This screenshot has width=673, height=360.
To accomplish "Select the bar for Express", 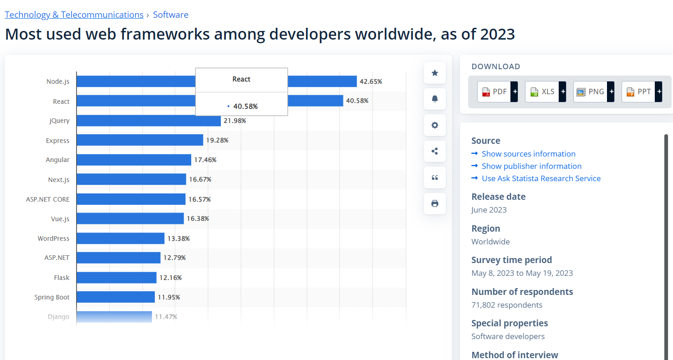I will pyautogui.click(x=139, y=140).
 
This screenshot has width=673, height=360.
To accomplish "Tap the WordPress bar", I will pyautogui.click(x=120, y=238).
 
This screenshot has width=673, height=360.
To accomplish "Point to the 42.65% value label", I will pyautogui.click(x=371, y=81).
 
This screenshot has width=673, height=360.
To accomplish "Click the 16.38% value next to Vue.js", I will pyautogui.click(x=198, y=218).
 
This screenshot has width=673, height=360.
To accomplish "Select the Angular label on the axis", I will pyautogui.click(x=57, y=160).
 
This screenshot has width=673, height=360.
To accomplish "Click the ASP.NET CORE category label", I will pyautogui.click(x=48, y=199).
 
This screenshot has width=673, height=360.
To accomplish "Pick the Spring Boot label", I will pyautogui.click(x=52, y=297).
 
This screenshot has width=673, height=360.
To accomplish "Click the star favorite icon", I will pyautogui.click(x=434, y=73).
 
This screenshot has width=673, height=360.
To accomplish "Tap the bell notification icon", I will pyautogui.click(x=434, y=99).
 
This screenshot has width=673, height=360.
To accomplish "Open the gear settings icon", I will pyautogui.click(x=434, y=125).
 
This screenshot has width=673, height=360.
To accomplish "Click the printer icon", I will pyautogui.click(x=434, y=203).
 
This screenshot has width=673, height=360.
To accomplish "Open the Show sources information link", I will pyautogui.click(x=528, y=154).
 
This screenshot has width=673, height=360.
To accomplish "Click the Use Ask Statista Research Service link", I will pyautogui.click(x=541, y=178).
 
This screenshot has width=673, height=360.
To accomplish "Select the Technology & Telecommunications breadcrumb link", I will pyautogui.click(x=74, y=15).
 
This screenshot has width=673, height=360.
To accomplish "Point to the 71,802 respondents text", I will pyautogui.click(x=507, y=305).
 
